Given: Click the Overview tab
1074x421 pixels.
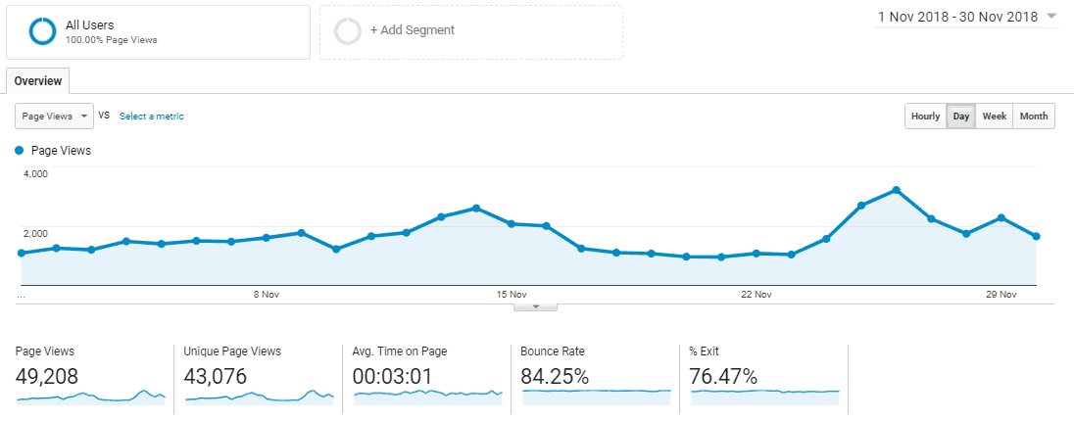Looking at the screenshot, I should [37, 81].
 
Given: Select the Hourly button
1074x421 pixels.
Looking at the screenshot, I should [925, 117].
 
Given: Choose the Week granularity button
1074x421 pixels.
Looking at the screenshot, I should [994, 117].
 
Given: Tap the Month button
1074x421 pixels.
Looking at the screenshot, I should [1033, 117].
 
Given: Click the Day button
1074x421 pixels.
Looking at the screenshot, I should [961, 117].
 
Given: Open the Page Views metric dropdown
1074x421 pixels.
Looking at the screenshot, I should [54, 116].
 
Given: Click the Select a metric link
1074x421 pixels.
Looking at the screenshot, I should [151, 117].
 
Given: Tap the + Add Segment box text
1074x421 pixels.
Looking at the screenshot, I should [412, 30].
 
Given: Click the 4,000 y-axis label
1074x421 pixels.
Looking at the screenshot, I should [35, 174].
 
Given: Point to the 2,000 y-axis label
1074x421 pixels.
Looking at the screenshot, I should [35, 233].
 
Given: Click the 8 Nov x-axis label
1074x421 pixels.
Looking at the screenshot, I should [267, 294].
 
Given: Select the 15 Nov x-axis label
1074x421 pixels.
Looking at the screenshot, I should [512, 294].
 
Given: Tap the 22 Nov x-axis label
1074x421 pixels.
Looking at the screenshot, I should [757, 294].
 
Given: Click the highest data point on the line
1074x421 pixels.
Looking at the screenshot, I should [896, 190].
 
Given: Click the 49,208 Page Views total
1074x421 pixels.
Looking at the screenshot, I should [47, 376].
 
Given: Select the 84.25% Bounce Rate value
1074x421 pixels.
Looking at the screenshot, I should [555, 376].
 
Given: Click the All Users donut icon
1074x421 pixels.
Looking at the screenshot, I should [43, 31].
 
